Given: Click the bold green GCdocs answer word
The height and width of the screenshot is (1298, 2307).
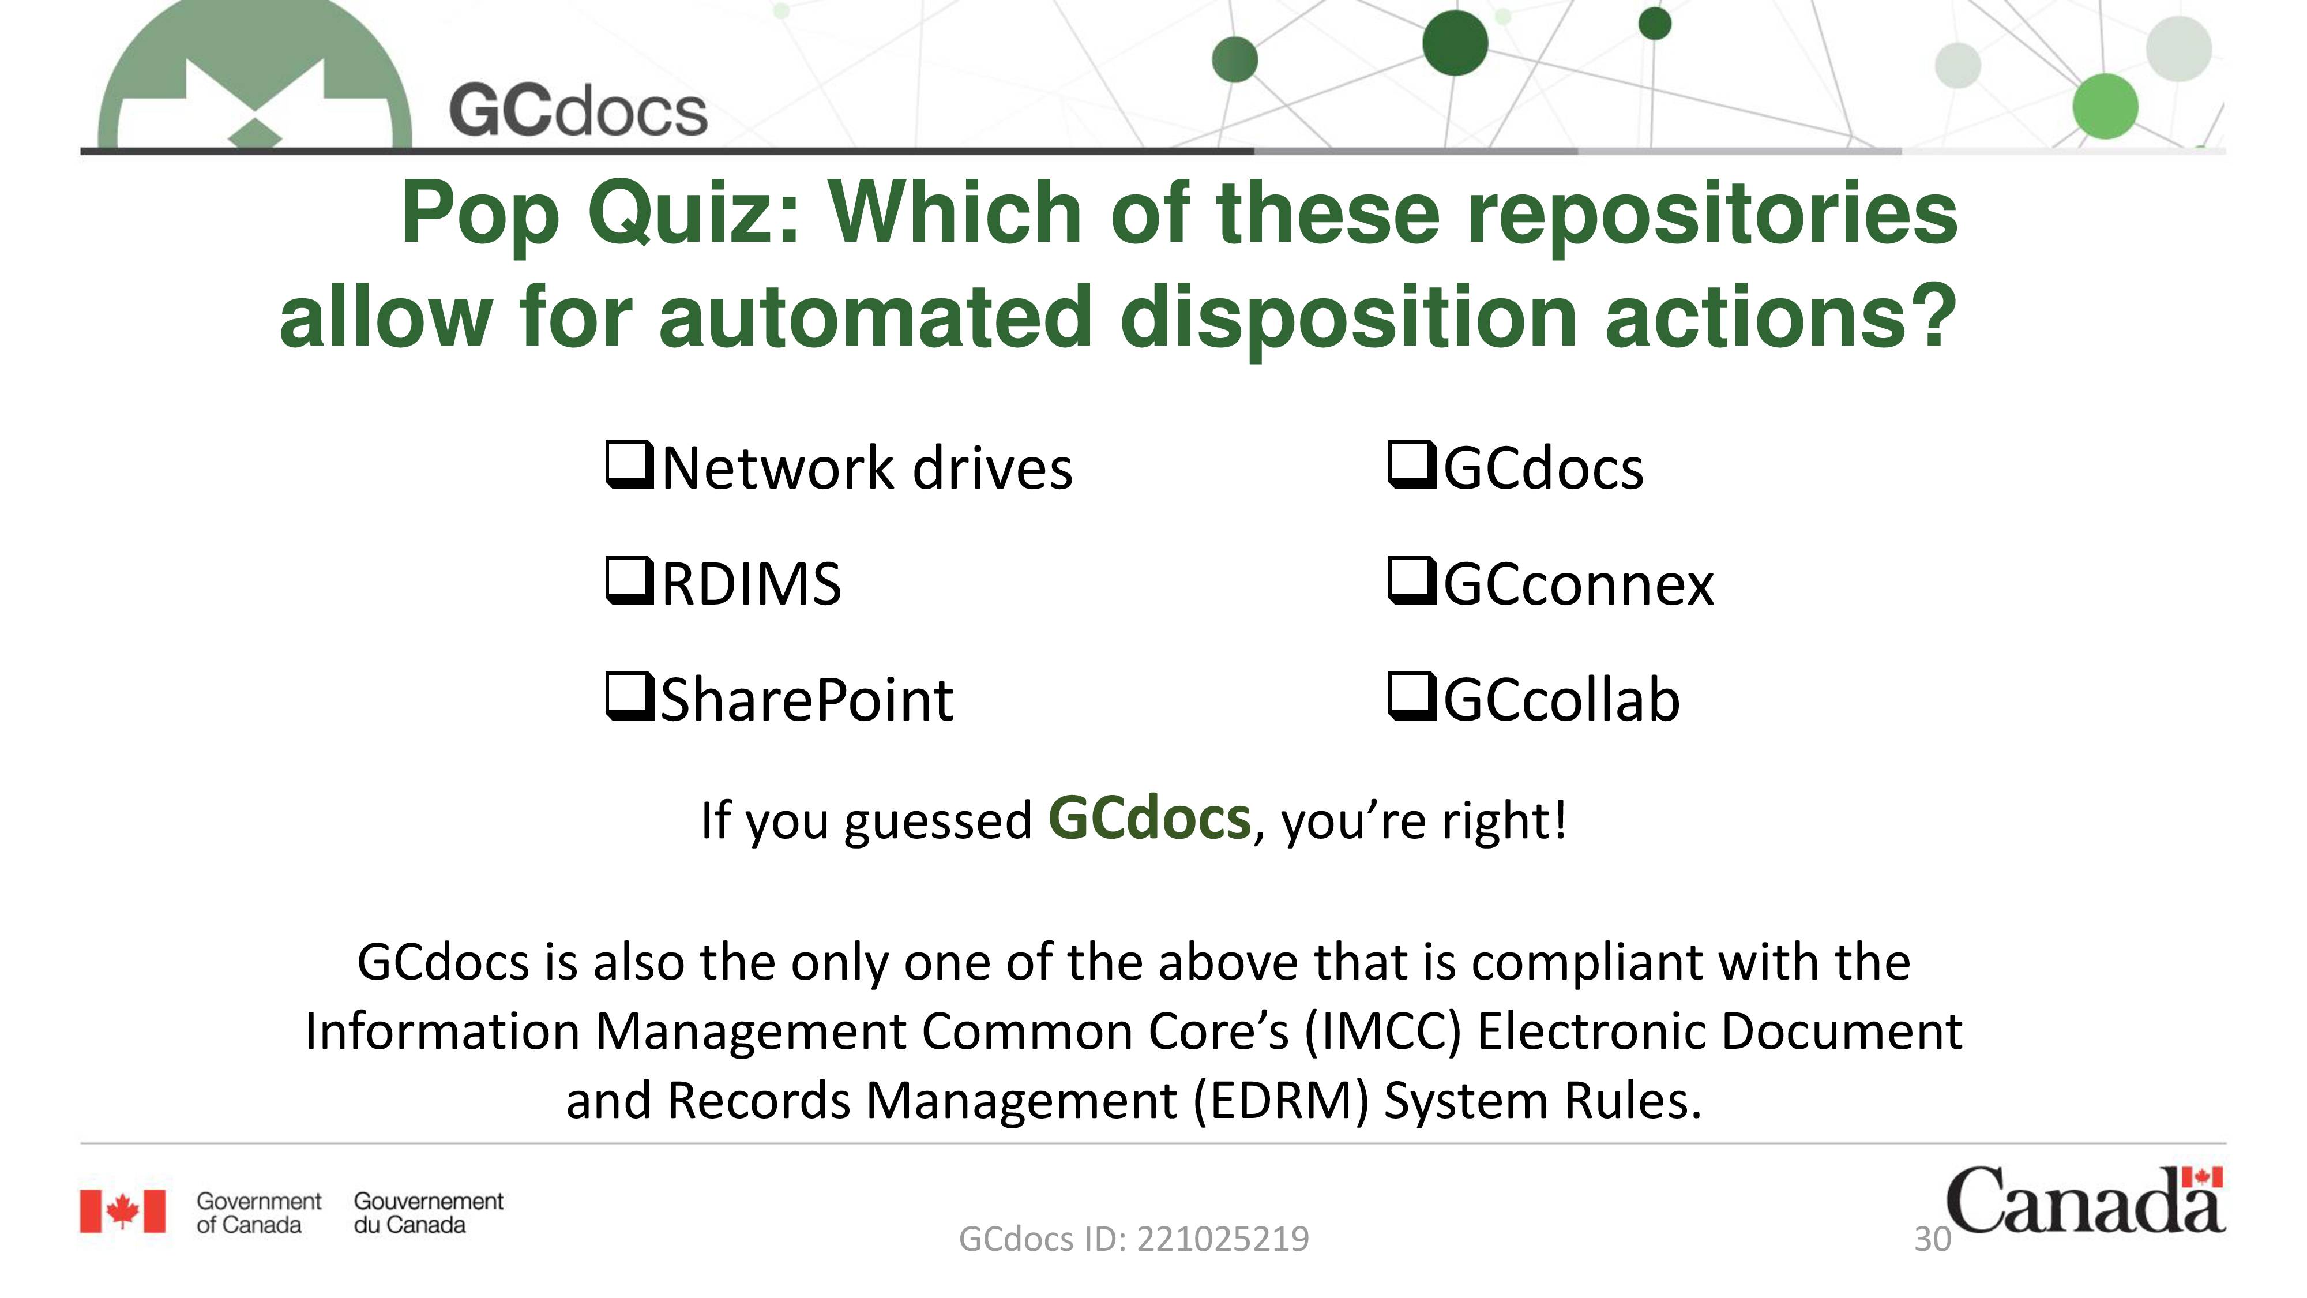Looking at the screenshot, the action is click(1149, 818).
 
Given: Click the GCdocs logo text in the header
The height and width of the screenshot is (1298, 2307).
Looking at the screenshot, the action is click(578, 111).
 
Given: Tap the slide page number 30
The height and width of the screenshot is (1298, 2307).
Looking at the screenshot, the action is click(1932, 1240).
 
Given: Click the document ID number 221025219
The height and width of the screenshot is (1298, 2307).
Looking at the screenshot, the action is click(1223, 1240).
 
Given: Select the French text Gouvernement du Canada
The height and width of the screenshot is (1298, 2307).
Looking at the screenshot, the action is click(428, 1213).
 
